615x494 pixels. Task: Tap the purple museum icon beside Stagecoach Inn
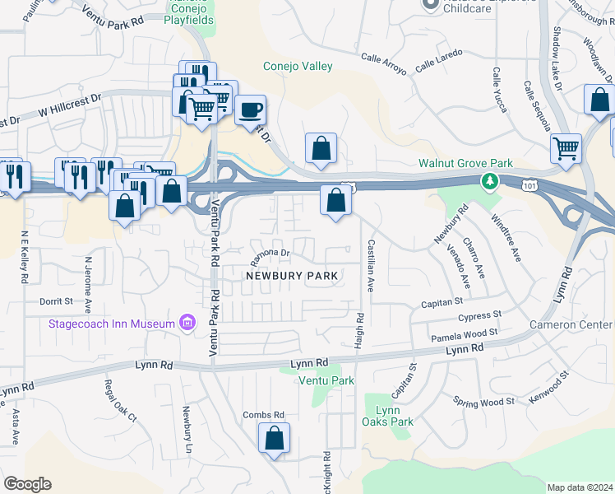pos(187,324)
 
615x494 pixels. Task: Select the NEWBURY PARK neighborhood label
pos(293,276)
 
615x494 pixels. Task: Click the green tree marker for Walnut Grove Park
pos(491,180)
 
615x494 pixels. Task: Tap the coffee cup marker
pos(250,108)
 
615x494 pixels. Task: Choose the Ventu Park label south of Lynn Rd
pos(327,380)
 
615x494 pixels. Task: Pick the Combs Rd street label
pos(263,415)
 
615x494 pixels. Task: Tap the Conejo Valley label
pos(297,67)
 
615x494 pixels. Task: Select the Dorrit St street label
pos(57,302)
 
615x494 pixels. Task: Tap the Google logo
pos(27,484)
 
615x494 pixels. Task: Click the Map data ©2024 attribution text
pos(580,487)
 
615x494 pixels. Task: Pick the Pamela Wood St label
pos(465,335)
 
